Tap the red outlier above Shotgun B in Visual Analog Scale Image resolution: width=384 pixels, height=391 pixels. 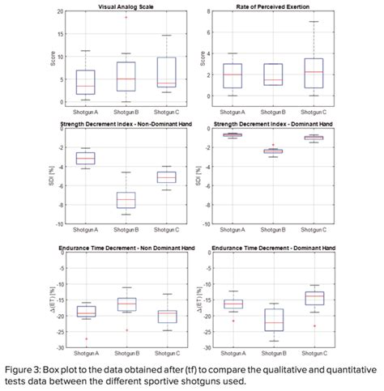pos(126,17)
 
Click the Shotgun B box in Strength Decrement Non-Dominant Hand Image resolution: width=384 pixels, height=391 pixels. pos(126,200)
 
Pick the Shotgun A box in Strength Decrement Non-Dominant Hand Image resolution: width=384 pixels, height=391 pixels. pos(86,158)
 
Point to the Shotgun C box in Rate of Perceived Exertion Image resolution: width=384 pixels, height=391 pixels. pos(314,73)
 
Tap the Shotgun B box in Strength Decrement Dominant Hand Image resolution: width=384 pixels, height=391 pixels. pos(274,151)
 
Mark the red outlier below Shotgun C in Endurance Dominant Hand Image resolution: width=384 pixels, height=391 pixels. pos(314,326)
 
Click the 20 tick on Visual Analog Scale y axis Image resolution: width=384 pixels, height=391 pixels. pos(61,12)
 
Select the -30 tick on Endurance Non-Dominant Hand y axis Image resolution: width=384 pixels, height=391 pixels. pos(59,348)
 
